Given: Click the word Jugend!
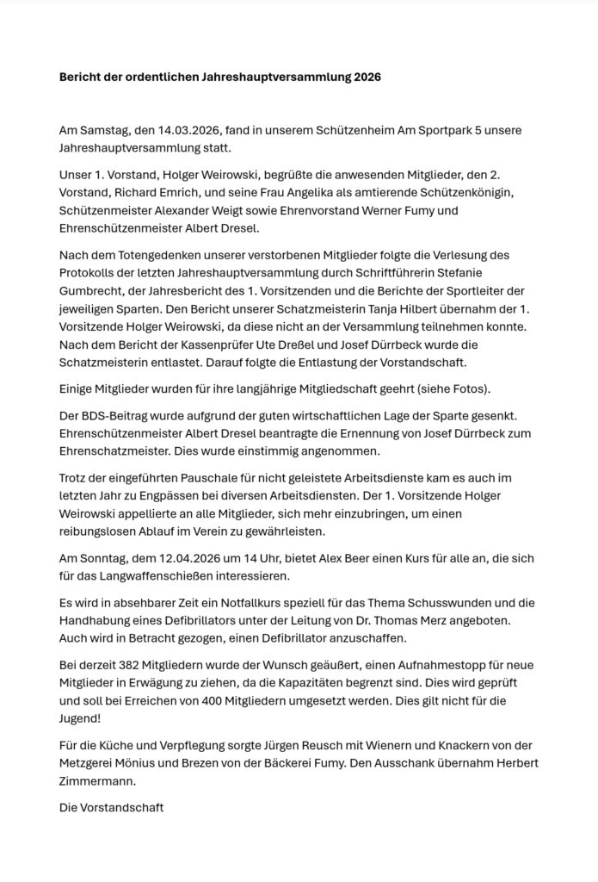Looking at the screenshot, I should pyautogui.click(x=82, y=718).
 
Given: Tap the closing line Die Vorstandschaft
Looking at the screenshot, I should pyautogui.click(x=111, y=808).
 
